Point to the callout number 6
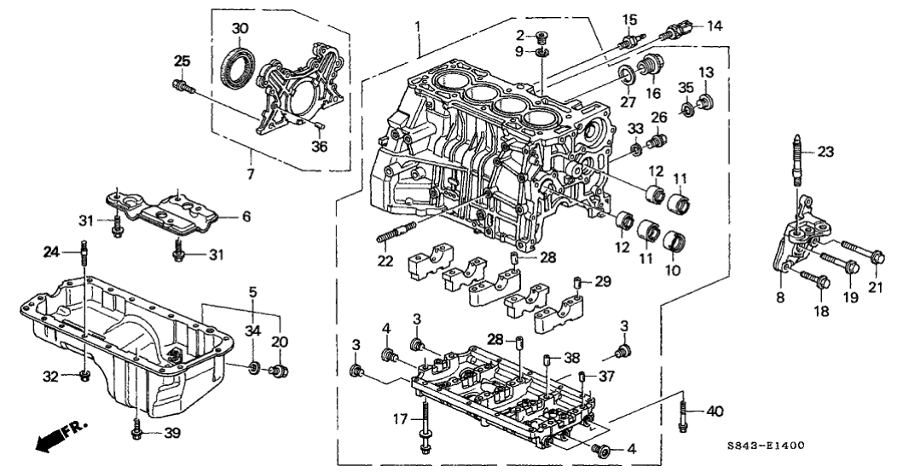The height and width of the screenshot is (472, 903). (x=246, y=217)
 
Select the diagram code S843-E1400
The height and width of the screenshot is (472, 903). (x=767, y=445)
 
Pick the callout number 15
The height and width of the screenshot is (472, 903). (x=629, y=20)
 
